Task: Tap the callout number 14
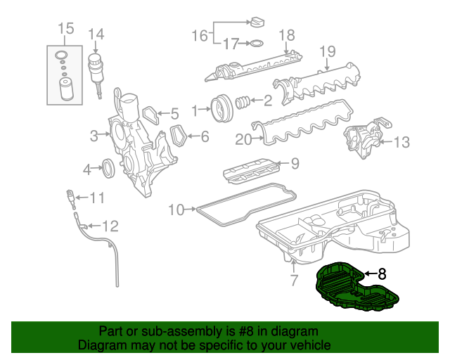click(96, 34)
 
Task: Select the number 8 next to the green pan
click(382, 274)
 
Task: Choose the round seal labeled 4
click(109, 169)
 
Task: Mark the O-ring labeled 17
click(257, 44)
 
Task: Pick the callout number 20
click(243, 139)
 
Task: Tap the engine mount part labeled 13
click(361, 136)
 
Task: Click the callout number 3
click(94, 136)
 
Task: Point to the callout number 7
click(294, 281)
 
